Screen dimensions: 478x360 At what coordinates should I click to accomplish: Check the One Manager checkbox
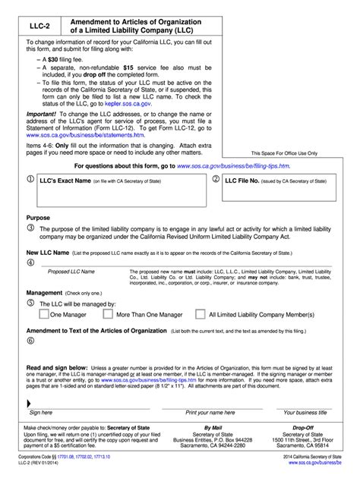tap(44, 313)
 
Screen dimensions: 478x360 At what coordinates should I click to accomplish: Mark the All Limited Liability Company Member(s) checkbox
tap(201, 313)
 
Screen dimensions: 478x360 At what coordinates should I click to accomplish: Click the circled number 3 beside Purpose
tap(30, 227)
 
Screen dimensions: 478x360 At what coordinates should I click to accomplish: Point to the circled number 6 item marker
tap(30, 341)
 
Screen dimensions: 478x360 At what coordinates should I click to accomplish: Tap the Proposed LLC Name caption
tap(71, 271)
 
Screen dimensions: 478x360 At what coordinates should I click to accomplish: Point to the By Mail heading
tap(206, 426)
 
